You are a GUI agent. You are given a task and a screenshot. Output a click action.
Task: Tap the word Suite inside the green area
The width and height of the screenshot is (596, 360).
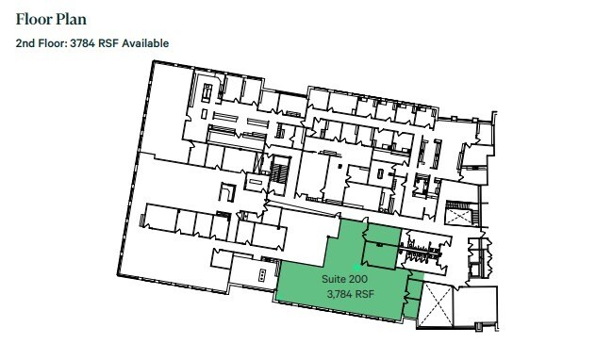335,280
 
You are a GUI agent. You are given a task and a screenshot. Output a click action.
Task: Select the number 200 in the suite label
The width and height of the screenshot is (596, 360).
359,280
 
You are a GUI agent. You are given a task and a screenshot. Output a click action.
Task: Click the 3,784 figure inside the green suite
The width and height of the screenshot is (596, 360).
339,294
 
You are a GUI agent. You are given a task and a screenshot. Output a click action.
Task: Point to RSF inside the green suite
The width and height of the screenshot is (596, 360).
365,294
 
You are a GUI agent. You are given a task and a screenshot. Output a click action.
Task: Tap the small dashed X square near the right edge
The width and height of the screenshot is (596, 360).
458,214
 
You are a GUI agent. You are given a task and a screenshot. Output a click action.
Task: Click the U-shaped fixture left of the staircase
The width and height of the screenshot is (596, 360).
226,191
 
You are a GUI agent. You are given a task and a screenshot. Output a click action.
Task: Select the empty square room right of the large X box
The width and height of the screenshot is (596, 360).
476,306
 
